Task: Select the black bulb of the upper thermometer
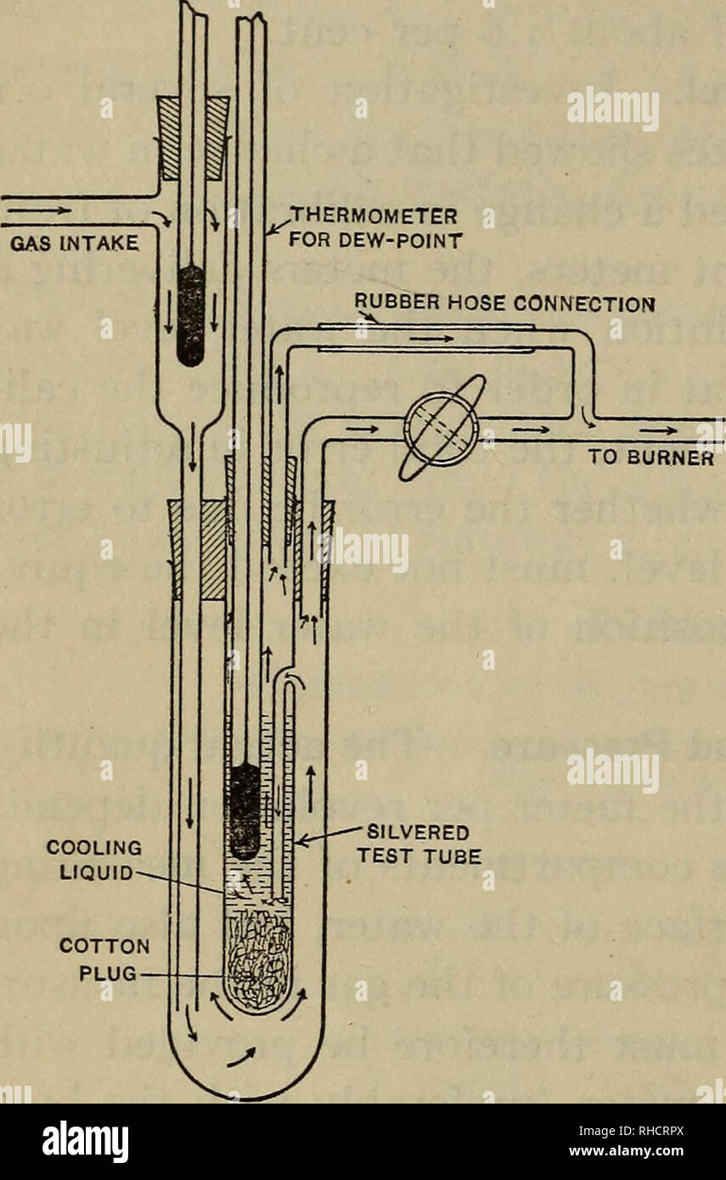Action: click(x=191, y=315)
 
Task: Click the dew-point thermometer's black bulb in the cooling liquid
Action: click(x=245, y=810)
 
